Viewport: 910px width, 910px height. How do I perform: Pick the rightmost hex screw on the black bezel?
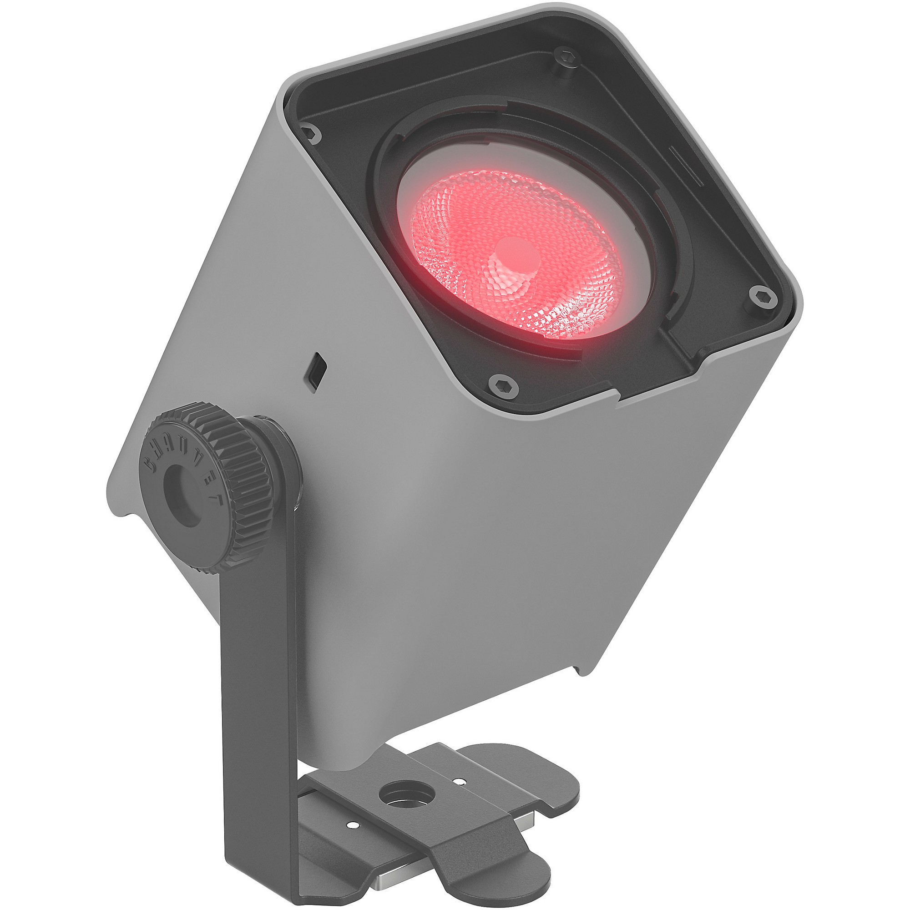(763, 297)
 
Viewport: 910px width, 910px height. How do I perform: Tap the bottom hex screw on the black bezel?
(504, 387)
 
